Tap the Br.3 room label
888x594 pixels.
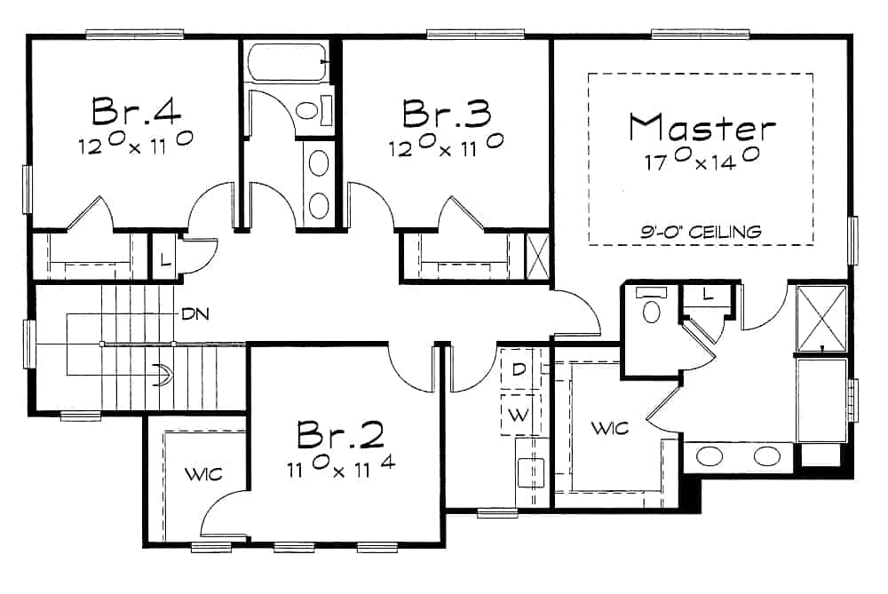[446, 113]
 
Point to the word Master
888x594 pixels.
[702, 128]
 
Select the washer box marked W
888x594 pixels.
[518, 413]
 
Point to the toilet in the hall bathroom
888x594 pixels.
[308, 111]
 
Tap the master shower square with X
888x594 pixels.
[821, 318]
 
